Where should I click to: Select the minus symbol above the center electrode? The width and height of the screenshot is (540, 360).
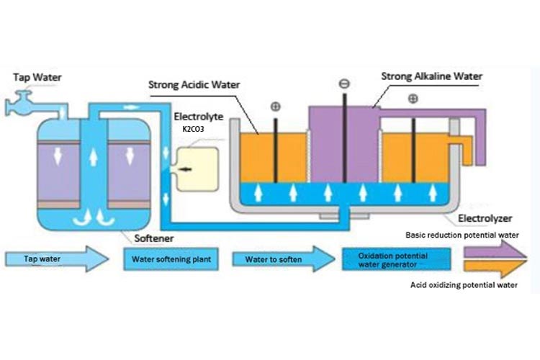point(344,84)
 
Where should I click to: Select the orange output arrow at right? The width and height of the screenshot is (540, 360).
point(497,267)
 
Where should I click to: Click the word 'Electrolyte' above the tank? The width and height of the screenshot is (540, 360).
point(194,116)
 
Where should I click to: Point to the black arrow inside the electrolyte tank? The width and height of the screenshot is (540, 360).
point(186,168)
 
